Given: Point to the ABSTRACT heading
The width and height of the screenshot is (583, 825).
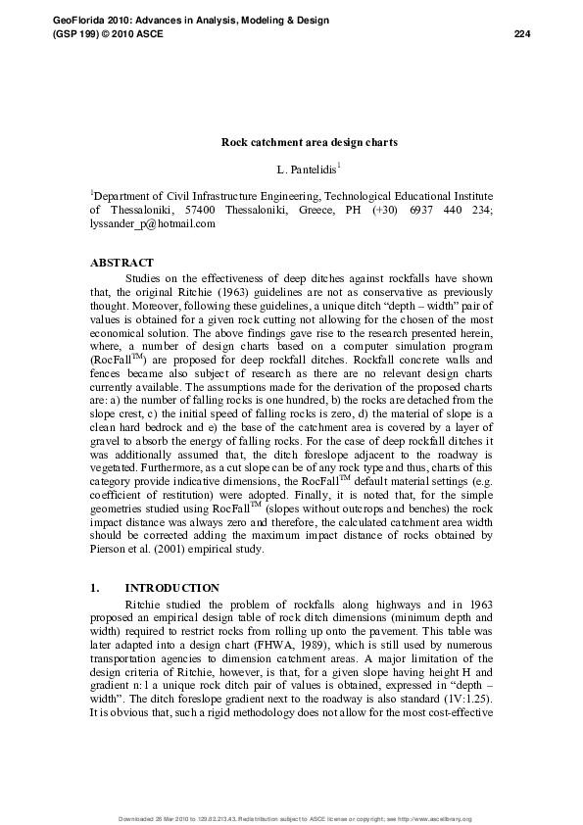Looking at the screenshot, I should [121, 263].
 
